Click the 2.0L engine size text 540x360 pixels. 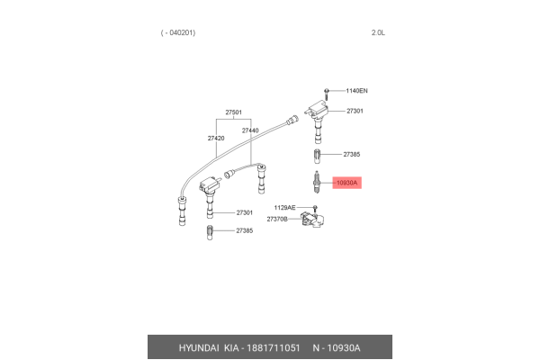click(378, 33)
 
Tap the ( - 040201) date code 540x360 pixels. click(178, 33)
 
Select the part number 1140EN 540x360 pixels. click(357, 91)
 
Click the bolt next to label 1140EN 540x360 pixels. click(328, 91)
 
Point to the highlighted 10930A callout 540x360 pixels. click(346, 183)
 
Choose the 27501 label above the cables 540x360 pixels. click(233, 112)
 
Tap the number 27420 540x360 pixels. click(216, 139)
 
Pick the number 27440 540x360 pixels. click(250, 130)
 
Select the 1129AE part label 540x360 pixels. click(284, 208)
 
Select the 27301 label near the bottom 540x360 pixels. click(245, 213)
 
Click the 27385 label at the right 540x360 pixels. click(352, 155)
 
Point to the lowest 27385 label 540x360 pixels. click(245, 231)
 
